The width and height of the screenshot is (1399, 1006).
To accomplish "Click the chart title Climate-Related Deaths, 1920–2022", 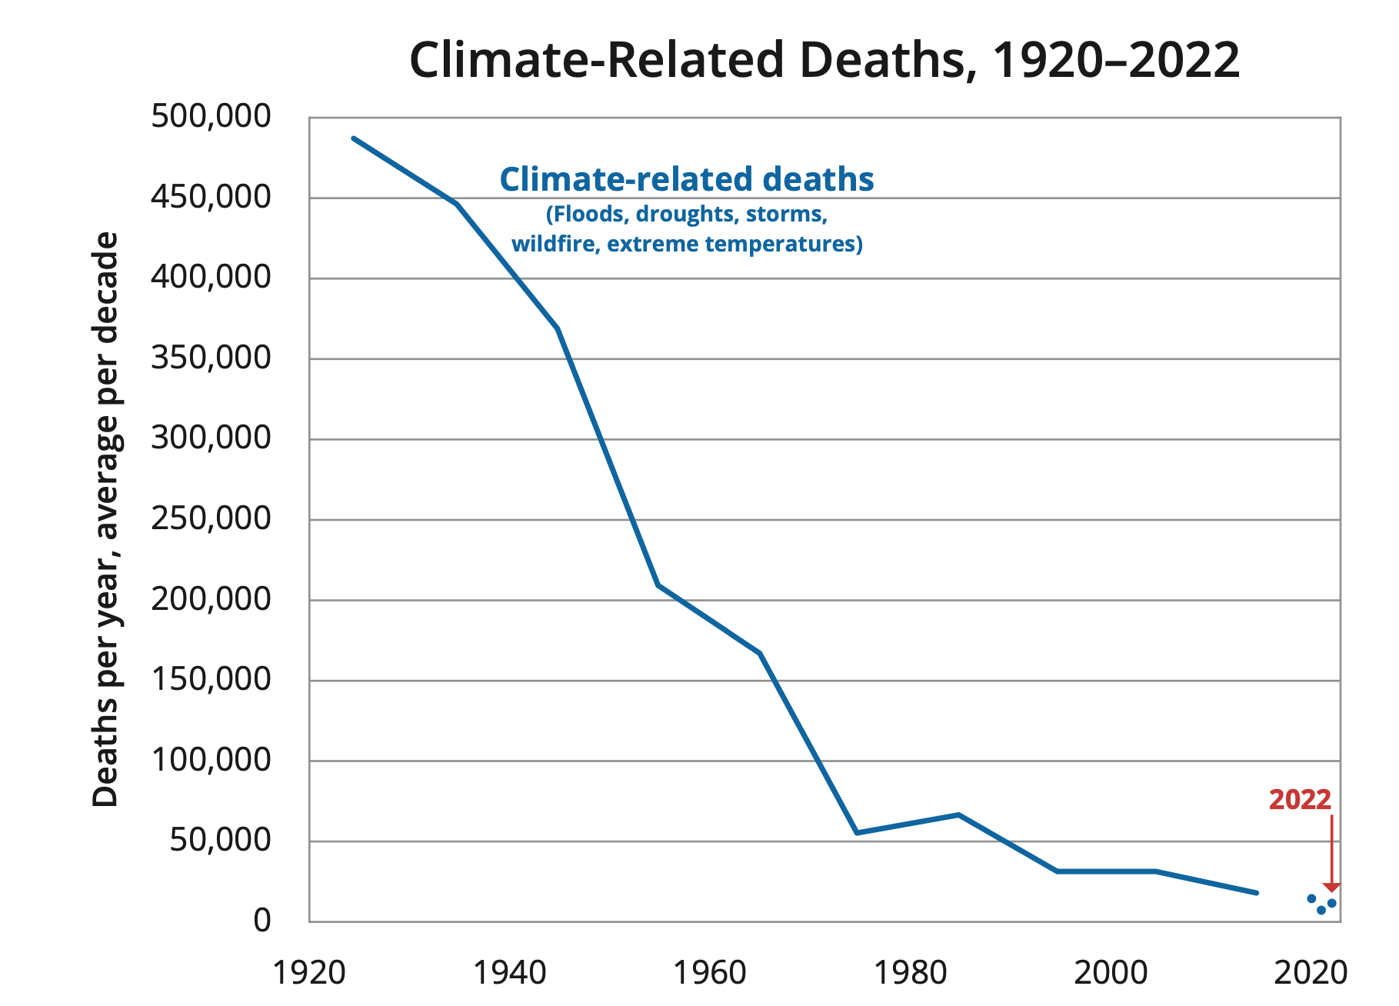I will tap(824, 60).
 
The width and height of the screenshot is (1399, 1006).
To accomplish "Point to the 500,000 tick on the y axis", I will tap(211, 117).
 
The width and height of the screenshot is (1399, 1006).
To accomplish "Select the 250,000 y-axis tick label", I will tap(211, 519).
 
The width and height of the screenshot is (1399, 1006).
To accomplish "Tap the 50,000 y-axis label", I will tap(220, 841).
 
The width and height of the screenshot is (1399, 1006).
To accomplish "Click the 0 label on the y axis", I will tap(262, 921).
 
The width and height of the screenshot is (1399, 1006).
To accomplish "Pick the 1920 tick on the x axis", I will tap(309, 973).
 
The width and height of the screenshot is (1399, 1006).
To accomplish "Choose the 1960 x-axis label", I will tap(710, 973).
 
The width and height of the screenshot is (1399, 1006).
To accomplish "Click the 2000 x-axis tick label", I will tap(1111, 973).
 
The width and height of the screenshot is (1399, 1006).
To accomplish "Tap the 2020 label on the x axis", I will tap(1311, 973).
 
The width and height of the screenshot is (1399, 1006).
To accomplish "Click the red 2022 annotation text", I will tap(1300, 800).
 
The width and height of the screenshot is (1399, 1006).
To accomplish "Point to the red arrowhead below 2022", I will tap(1331, 888).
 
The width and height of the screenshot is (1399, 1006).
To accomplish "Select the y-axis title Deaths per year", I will tap(106, 519).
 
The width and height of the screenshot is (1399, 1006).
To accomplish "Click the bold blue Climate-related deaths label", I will tap(687, 179).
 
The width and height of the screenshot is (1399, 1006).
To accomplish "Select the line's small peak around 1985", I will tap(958, 814).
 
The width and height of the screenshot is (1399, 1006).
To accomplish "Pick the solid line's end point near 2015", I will tap(1256, 893).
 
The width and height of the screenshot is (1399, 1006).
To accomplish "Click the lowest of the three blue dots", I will tap(1321, 911).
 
